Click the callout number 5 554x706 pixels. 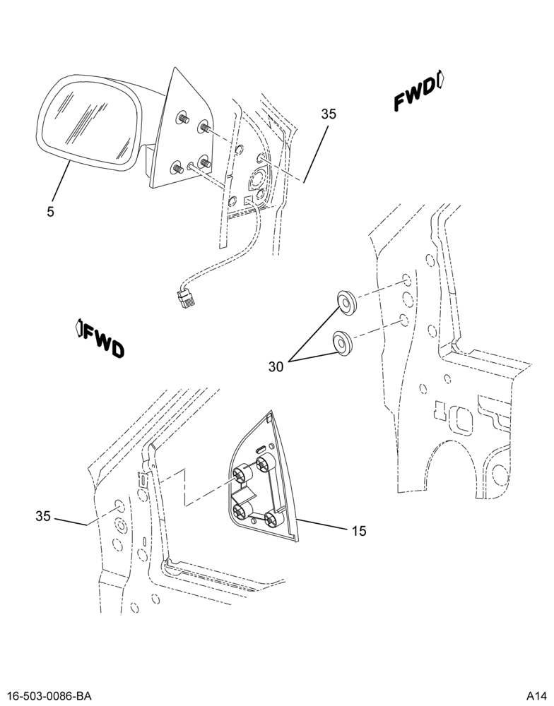tap(50, 211)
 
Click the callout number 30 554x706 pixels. tap(276, 367)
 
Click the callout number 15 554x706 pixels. tap(359, 532)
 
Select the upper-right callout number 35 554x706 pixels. tap(329, 114)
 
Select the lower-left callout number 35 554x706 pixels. tap(43, 517)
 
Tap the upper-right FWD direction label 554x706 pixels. tap(414, 95)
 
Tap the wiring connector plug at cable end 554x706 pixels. tap(186, 298)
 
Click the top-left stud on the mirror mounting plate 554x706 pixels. tap(184, 118)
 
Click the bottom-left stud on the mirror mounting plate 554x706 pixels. tap(176, 169)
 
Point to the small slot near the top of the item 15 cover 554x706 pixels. tap(261, 448)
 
